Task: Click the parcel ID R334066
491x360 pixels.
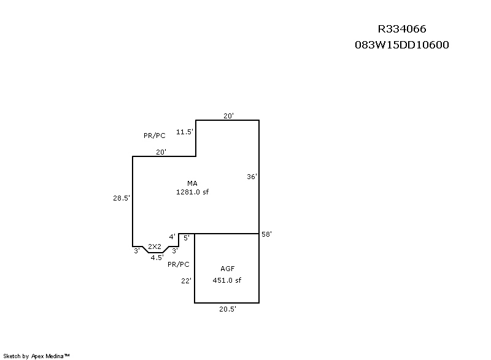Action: click(402, 29)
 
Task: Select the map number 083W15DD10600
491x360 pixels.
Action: click(402, 45)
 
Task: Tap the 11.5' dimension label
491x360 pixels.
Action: click(185, 132)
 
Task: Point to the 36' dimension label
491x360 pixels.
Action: click(252, 177)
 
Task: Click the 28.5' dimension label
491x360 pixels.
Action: click(122, 198)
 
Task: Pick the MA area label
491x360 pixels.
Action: click(192, 183)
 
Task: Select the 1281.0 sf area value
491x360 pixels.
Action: click(192, 192)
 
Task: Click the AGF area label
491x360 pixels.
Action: click(228, 269)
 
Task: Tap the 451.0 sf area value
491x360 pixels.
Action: click(227, 280)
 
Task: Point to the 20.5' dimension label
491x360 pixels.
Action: click(228, 309)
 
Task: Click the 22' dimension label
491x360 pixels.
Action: click(186, 281)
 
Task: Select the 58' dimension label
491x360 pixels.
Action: click(266, 234)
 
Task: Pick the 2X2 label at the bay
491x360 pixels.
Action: click(155, 247)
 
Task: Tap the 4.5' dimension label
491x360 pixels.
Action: click(157, 258)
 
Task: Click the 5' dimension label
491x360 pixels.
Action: click(187, 238)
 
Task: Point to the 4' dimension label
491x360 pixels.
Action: click(172, 237)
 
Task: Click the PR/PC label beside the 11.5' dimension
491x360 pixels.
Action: click(155, 136)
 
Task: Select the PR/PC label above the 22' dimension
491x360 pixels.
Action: click(179, 264)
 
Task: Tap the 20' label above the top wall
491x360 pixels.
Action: click(228, 116)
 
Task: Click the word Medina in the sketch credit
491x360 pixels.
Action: click(55, 356)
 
